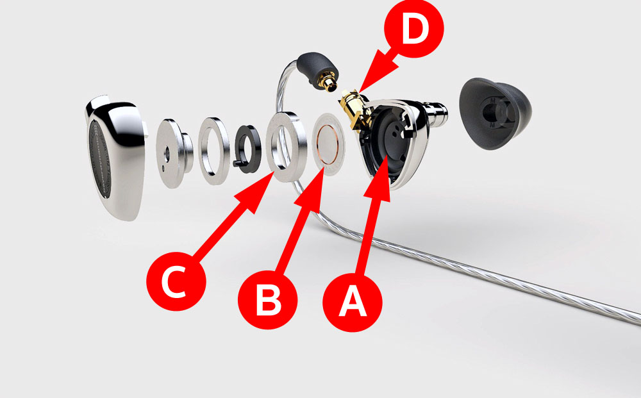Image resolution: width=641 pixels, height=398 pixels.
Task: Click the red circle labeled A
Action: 353,302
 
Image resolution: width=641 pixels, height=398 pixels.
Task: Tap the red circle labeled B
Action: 268,299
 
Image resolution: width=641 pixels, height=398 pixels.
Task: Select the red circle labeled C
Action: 176,281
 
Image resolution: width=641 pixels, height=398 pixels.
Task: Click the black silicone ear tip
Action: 495,113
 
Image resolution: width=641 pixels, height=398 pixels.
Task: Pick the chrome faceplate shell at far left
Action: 115,157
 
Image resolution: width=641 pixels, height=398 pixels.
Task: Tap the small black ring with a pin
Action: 247,149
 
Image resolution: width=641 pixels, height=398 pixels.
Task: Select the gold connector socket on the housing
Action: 354,110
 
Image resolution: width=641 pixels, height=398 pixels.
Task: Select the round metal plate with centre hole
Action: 174,153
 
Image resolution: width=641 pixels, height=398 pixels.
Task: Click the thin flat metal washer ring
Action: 213,151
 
